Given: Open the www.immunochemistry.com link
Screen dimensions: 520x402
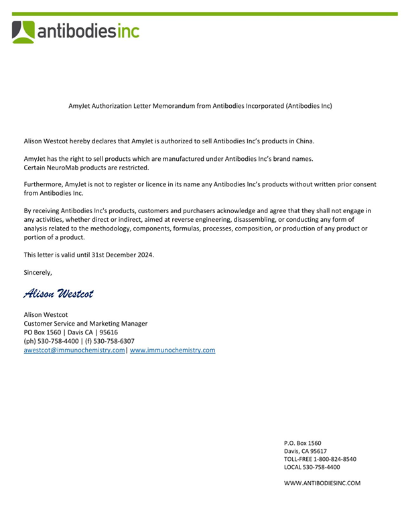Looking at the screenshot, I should click(x=172, y=350).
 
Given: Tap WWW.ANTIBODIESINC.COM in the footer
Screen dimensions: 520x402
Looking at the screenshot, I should click(x=322, y=483).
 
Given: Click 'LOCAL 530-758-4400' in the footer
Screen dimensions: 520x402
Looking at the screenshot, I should click(x=313, y=467).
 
